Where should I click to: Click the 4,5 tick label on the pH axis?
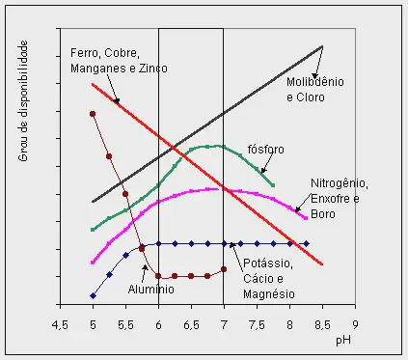[60, 325]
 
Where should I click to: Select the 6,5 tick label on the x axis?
[191, 325]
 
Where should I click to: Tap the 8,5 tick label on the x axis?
[322, 325]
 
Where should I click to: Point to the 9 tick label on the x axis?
[355, 325]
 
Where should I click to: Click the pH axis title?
[342, 342]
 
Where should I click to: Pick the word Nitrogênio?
[338, 183]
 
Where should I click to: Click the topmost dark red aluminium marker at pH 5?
[93, 114]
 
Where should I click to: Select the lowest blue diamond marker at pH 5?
[93, 295]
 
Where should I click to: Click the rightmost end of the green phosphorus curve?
[274, 184]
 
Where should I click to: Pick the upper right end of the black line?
[322, 46]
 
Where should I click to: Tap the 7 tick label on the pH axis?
[224, 325]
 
